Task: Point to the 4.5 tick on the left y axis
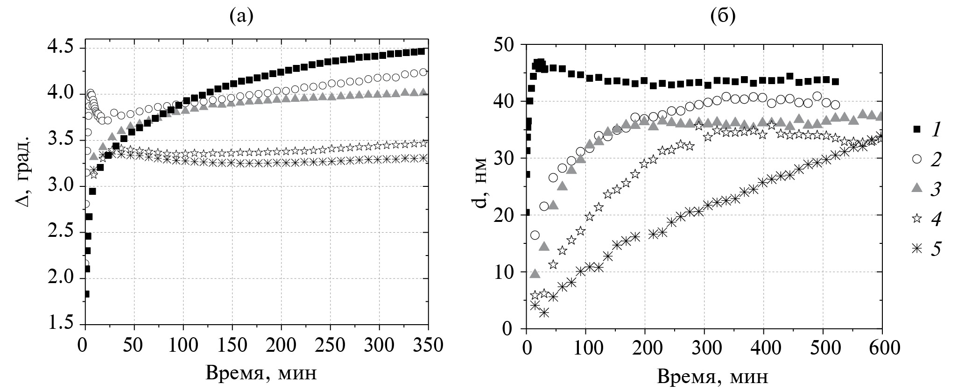63,48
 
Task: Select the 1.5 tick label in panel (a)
63,325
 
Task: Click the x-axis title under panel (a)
262,372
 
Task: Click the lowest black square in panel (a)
86,294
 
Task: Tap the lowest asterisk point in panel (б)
543,313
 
